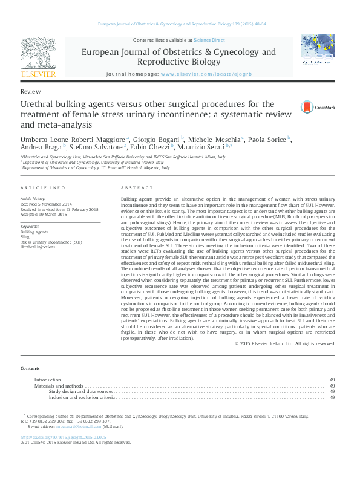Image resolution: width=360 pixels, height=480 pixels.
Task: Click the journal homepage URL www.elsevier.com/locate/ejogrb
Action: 201,74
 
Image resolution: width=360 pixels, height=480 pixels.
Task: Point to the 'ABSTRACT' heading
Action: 137,188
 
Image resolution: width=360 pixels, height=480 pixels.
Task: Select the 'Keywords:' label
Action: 30,226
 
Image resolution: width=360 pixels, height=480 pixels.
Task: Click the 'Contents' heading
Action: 30,368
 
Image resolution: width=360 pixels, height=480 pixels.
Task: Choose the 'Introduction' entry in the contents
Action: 48,380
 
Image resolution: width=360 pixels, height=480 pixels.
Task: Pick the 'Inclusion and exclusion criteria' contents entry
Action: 82,397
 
